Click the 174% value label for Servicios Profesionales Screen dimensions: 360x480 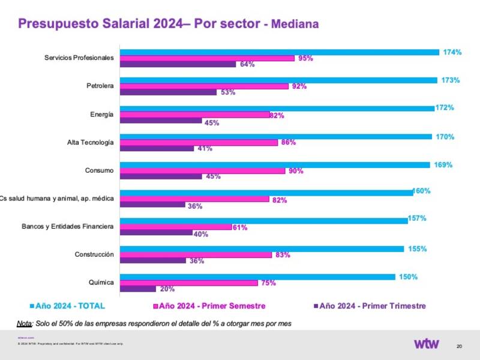click(452, 52)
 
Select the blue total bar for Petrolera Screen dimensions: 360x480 click(278, 80)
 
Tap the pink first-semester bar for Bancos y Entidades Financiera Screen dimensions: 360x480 click(176, 227)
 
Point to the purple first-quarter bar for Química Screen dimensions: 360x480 click(138, 289)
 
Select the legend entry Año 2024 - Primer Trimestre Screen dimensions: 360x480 click(372, 306)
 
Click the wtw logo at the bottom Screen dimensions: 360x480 click(426, 344)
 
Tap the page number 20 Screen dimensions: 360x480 click(459, 346)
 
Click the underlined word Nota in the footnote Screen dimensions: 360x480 click(24, 323)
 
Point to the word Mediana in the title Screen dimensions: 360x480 click(295, 25)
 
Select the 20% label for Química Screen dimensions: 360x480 click(167, 289)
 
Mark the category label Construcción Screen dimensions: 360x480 click(94, 254)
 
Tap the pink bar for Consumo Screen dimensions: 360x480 click(203, 171)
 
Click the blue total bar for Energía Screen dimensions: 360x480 click(277, 109)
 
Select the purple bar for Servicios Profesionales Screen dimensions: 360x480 click(178, 64)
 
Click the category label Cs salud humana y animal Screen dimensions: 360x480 click(57, 199)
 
